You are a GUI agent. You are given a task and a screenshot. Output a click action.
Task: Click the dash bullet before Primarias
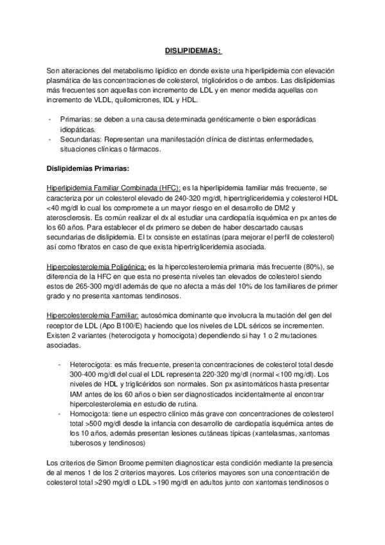click(51, 120)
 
